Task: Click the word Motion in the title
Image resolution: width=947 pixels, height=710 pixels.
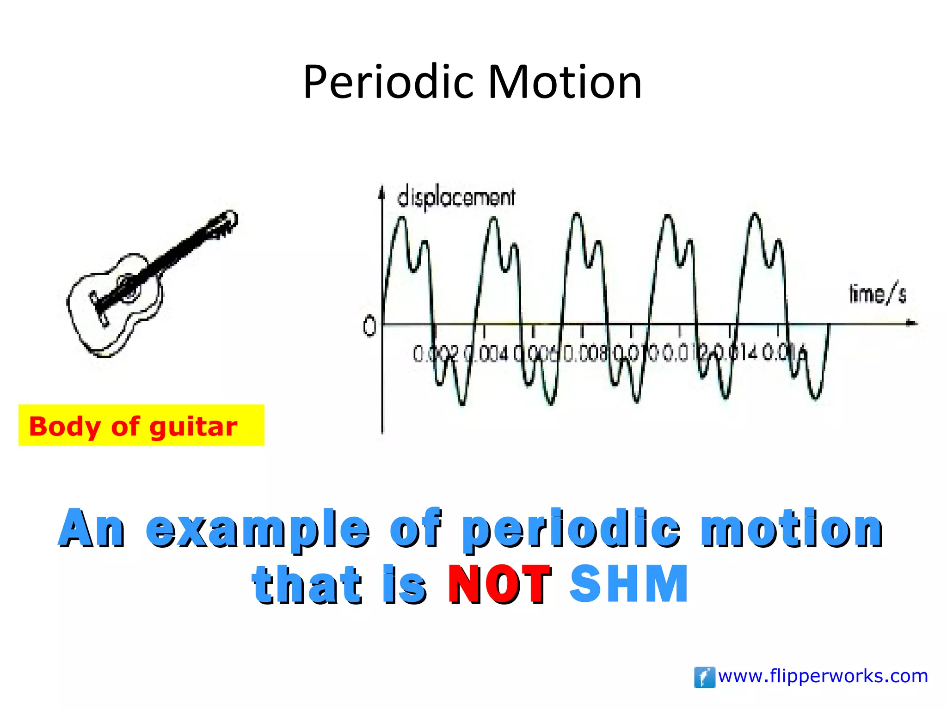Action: (565, 82)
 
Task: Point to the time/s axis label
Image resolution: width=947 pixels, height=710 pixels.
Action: (877, 294)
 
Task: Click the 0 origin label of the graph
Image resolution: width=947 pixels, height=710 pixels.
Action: (369, 327)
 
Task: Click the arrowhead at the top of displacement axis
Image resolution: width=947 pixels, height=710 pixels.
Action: (381, 191)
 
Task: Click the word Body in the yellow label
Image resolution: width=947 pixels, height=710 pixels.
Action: (64, 426)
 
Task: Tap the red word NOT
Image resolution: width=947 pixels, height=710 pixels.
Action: (499, 584)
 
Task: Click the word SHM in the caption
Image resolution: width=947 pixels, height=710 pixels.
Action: (629, 584)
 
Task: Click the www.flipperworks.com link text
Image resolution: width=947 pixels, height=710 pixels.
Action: (823, 676)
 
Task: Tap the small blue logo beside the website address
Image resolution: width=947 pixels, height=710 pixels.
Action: (704, 677)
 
